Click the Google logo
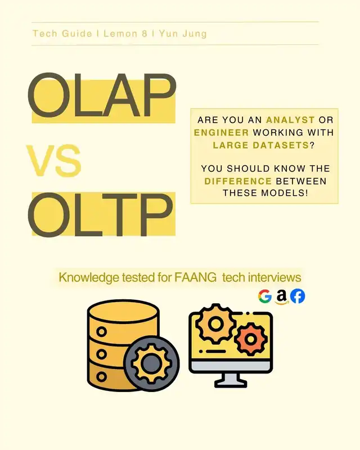[265, 296]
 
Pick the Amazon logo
[281, 296]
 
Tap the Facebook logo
[298, 296]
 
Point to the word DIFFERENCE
[238, 181]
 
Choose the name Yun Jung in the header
[183, 34]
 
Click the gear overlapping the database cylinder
[151, 362]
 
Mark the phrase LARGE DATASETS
[258, 145]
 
